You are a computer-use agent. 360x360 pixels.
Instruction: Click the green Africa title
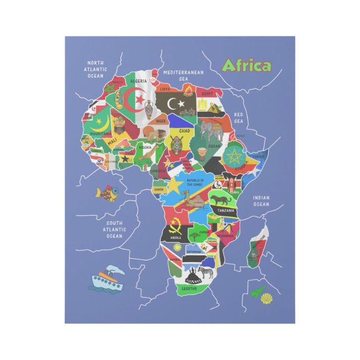coord(246,66)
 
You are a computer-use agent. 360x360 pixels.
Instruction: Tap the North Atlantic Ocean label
coord(96,69)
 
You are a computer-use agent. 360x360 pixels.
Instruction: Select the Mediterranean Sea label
coord(184,75)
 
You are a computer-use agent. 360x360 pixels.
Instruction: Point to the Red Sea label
coord(239,117)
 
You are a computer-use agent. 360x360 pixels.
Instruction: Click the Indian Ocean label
coord(260,201)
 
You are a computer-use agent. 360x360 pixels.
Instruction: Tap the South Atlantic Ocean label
coord(114,229)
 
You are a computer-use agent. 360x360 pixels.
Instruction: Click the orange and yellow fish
coord(107,193)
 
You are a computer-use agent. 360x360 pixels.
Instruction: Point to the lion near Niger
coord(151,132)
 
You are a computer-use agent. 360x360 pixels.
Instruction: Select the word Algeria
coord(138,81)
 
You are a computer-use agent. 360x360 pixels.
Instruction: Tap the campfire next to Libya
coord(188,91)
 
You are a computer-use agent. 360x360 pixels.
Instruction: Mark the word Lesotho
coord(189,288)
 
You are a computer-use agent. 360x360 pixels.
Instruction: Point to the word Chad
coord(184,131)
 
